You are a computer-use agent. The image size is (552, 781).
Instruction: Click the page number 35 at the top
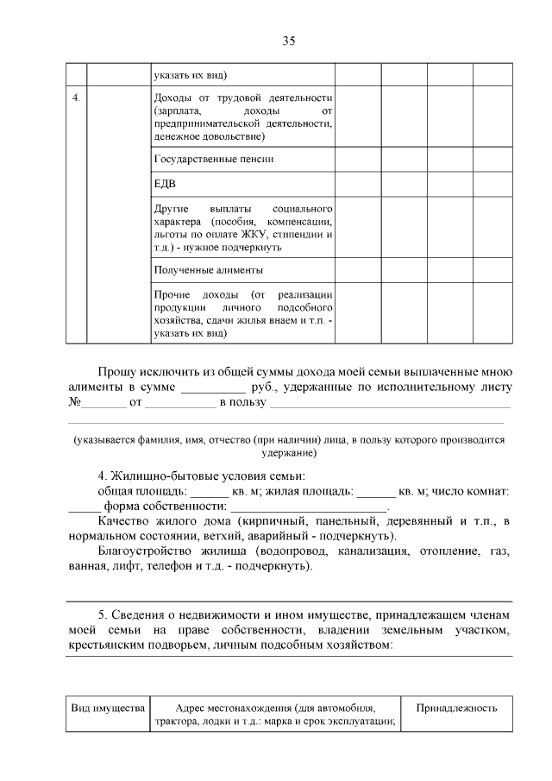(288, 40)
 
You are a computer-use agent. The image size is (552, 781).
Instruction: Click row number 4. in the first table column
(77, 97)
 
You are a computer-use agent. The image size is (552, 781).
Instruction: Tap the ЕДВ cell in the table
(166, 185)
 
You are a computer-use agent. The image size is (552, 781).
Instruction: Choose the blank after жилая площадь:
(375, 492)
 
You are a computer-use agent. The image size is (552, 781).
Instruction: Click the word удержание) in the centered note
(288, 452)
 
